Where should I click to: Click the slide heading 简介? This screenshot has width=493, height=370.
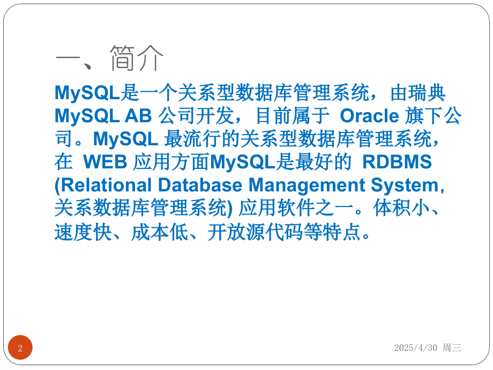[x=137, y=58]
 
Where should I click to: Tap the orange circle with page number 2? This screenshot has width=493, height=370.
[x=20, y=347]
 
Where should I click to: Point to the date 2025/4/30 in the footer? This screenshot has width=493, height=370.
[x=416, y=347]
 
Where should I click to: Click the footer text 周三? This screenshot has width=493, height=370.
[x=452, y=347]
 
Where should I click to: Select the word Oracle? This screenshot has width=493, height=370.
[x=369, y=116]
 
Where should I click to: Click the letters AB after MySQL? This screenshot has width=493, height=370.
[x=138, y=116]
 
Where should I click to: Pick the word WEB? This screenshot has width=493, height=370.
[x=105, y=162]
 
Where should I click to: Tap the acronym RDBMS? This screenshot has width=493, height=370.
[x=397, y=162]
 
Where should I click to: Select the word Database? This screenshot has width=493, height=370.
[x=200, y=185]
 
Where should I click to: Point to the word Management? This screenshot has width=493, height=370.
[x=307, y=186]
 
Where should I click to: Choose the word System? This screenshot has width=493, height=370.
[x=405, y=186]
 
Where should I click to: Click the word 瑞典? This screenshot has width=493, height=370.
[x=418, y=93]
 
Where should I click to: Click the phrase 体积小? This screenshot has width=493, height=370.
[x=401, y=208]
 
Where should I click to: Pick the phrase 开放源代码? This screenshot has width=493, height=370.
[x=256, y=232]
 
